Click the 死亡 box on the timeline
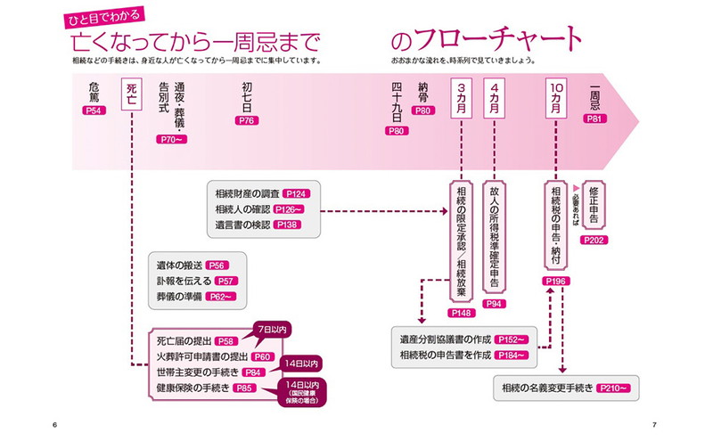point(131,94)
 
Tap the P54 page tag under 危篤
point(94,110)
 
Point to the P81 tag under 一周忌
point(596,118)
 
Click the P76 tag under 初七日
point(247,119)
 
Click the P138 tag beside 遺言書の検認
point(288,225)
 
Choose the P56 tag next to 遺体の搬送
point(217,265)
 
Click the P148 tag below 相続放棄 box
point(463,313)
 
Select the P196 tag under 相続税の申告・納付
point(555,282)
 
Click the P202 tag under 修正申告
point(594,241)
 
